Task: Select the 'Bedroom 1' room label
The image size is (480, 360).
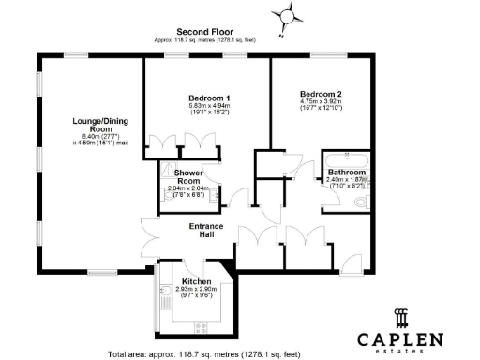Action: (x=209, y=98)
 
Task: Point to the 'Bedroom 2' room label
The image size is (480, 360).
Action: (x=321, y=94)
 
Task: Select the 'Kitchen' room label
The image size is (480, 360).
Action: (x=196, y=281)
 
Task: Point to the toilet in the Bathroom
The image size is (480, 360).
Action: (x=367, y=200)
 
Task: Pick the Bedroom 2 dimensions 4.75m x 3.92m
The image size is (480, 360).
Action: (x=321, y=104)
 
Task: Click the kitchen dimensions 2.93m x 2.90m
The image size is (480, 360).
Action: (x=196, y=290)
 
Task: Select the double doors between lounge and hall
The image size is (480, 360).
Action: (x=151, y=233)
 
